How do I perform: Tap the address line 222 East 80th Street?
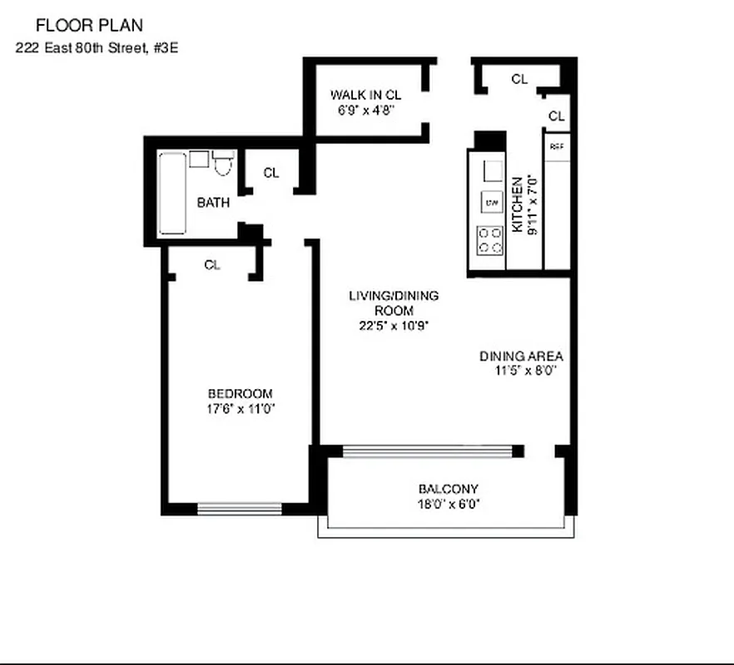97,47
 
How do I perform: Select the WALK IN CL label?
365,94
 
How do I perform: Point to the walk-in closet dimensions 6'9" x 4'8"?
365,109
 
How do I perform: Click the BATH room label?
213,202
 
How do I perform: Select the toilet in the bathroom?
221,162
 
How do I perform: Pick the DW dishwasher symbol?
491,202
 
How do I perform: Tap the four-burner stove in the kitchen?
490,240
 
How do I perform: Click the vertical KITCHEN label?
517,204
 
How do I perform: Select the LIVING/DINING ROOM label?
394,303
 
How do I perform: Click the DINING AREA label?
521,357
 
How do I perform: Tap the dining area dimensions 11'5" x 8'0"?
523,372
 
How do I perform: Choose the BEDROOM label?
240,393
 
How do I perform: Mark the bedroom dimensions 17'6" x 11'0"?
241,408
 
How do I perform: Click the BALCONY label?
448,489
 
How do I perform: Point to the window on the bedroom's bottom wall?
240,508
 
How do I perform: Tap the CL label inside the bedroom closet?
212,265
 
